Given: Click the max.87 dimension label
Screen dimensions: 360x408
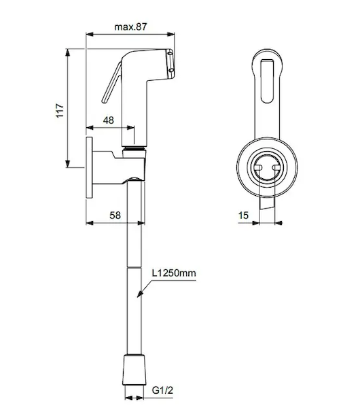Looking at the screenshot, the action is coord(130,27).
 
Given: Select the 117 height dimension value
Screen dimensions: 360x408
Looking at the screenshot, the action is coord(60,111).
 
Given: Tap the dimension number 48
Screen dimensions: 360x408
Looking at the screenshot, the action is coord(109,120).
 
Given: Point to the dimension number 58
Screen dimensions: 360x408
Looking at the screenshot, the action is coord(115,215).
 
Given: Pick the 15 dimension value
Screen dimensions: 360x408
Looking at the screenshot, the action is coord(243,215).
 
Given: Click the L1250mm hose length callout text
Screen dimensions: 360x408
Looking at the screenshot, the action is coord(174,273).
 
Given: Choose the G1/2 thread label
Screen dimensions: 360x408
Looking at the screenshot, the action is coord(162,390).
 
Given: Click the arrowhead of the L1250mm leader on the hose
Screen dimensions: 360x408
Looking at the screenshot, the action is coord(140,294).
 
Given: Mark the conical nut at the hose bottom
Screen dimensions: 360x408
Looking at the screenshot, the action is coord(134,369).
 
